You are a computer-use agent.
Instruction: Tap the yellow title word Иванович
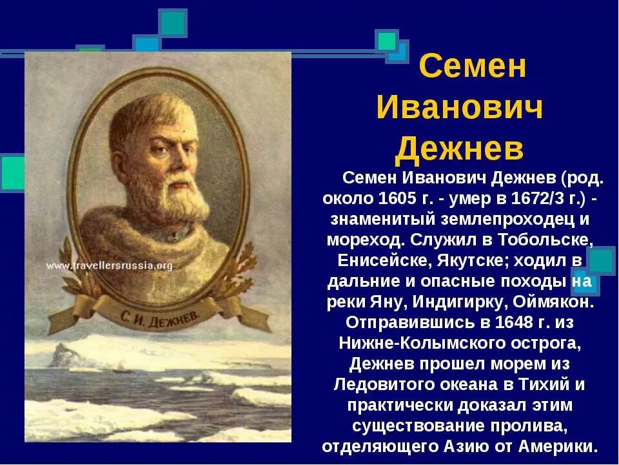(x=460, y=108)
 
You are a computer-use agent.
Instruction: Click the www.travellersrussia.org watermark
(x=110, y=265)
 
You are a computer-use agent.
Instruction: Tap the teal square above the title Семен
(x=387, y=41)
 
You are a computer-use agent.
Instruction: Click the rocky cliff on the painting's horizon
(x=68, y=355)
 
